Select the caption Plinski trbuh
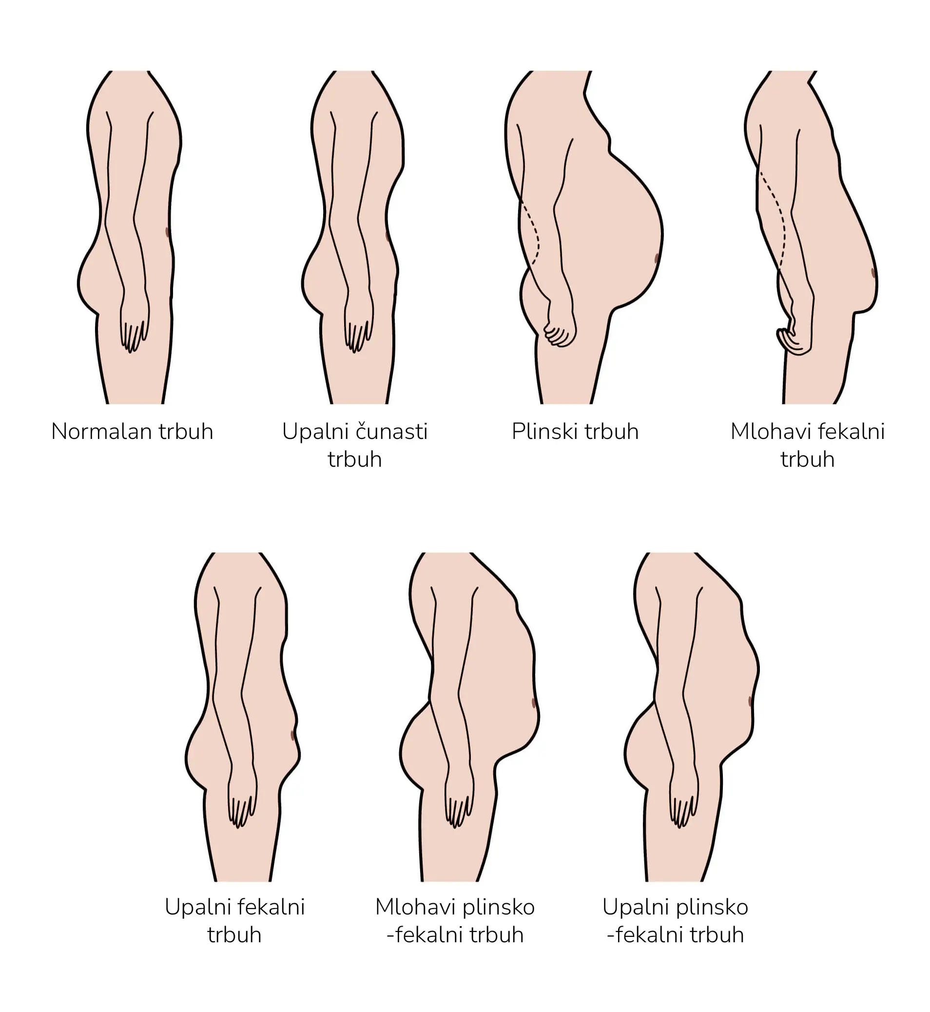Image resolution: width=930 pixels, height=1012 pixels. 575,432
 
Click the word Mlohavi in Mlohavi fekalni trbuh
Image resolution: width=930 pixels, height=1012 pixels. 771,432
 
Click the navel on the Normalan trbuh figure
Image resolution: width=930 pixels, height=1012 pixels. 168,232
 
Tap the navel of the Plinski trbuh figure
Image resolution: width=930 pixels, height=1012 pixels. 657,259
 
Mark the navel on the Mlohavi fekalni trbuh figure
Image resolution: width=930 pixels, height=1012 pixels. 873,273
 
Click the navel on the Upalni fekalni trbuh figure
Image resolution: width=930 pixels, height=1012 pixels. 293,735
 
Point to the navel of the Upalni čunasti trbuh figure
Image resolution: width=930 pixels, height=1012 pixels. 387,236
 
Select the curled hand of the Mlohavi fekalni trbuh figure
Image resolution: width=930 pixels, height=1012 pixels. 793,341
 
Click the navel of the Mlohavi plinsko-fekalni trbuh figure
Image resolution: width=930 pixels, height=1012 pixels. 533,703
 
